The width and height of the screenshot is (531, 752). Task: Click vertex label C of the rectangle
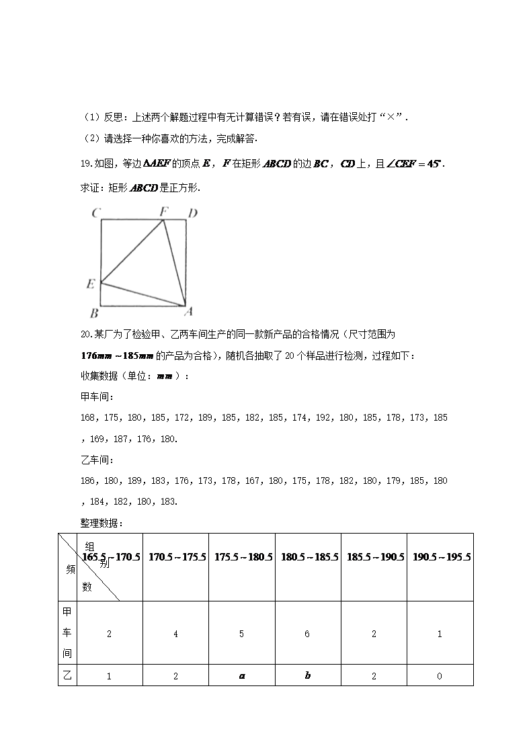coord(97,214)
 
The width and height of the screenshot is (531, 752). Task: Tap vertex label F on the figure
coord(163,212)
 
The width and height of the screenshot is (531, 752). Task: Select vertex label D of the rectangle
coord(192,214)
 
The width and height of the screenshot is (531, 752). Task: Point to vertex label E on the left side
coord(91,284)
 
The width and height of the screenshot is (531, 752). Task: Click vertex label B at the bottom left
coord(95,312)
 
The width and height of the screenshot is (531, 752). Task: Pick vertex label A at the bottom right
coord(189,311)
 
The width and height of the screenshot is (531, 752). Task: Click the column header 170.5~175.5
coord(176,557)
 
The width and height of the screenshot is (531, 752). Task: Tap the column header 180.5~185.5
coord(308,557)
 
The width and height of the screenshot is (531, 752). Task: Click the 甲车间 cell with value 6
coord(308,634)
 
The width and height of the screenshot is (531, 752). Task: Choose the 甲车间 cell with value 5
coord(242,634)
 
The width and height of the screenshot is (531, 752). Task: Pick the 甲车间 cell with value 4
coord(176,634)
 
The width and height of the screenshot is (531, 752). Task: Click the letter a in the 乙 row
coord(242,676)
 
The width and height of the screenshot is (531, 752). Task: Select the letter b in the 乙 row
coord(308,676)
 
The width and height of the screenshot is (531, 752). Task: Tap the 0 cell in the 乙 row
coord(440,676)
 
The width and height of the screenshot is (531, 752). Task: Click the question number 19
coord(85,164)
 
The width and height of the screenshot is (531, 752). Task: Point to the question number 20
coord(85,334)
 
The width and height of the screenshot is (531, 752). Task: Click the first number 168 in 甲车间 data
coord(88,418)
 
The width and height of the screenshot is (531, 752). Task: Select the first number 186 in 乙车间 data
coord(88,481)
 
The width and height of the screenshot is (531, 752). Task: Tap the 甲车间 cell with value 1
coord(440,634)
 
